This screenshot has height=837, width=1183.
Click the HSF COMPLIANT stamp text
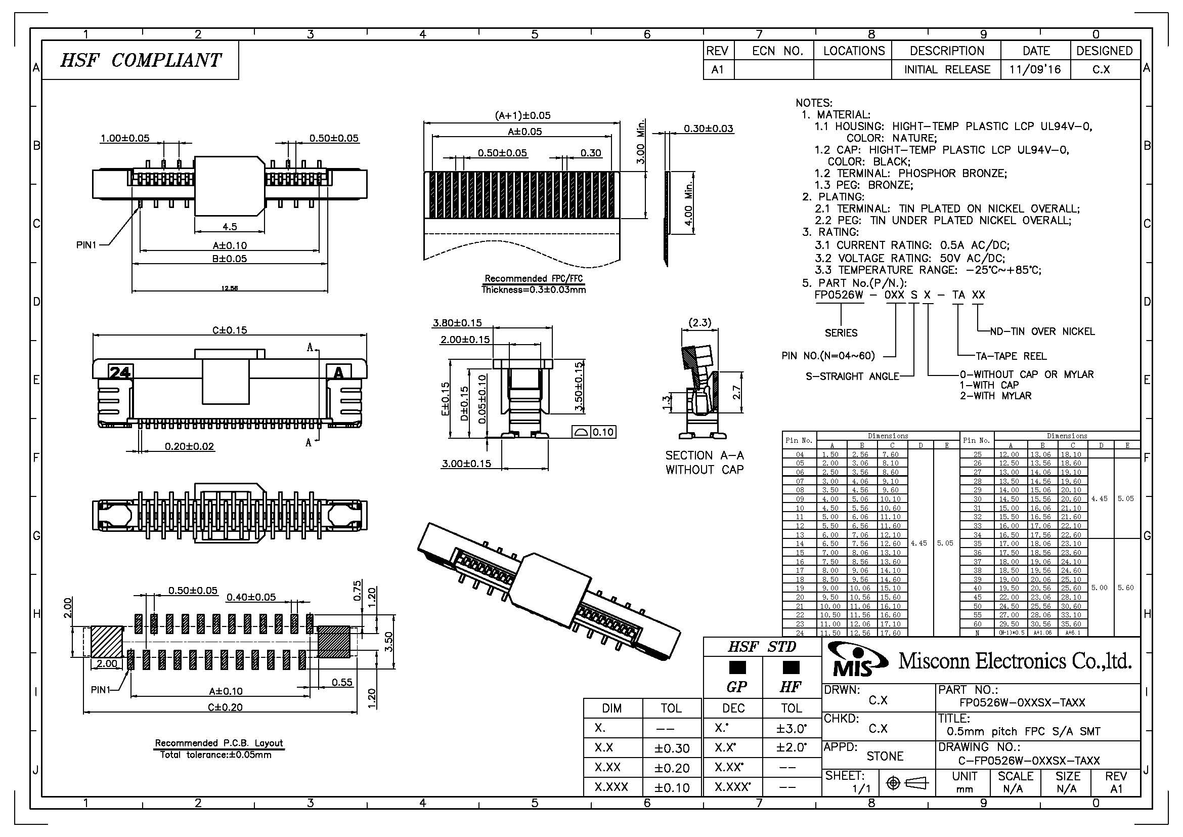(140, 60)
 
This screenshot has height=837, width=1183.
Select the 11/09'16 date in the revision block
(1035, 69)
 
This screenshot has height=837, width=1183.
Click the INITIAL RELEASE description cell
(947, 69)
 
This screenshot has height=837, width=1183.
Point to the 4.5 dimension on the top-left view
(230, 226)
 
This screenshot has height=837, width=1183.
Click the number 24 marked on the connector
(119, 371)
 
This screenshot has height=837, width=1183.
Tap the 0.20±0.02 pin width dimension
(189, 446)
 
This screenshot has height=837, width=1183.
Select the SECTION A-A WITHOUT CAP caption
(705, 463)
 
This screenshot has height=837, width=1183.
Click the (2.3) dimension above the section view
(699, 322)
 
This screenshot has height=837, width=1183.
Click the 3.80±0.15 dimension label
(457, 323)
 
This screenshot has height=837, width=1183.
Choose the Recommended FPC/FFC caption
(534, 279)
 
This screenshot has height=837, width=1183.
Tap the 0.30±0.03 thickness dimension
(708, 129)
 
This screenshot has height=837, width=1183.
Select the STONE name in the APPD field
(885, 756)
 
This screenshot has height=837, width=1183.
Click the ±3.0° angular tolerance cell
(791, 728)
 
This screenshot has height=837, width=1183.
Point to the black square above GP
(737, 667)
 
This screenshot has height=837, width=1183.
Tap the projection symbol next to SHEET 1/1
(906, 783)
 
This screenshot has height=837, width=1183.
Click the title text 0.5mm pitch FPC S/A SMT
(1023, 731)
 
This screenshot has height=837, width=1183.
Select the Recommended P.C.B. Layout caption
(219, 743)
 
